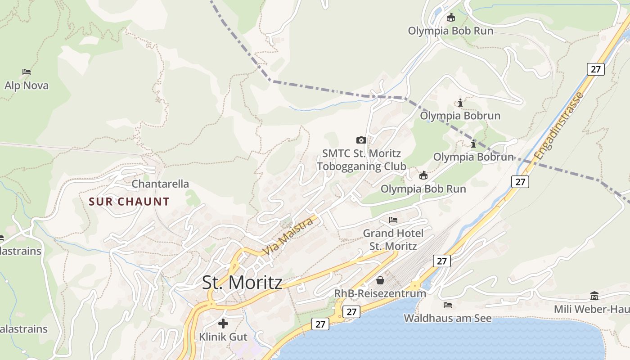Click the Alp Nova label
27,85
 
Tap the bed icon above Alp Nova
27,72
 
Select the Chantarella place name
160,184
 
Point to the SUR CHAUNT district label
129,202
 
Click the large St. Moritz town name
242,283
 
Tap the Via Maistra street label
288,236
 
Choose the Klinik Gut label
223,337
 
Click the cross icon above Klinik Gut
223,324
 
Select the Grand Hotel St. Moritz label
393,239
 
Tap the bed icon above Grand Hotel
393,220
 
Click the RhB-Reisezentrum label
380,293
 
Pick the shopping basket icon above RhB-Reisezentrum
380,280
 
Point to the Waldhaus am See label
447,318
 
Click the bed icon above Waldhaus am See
447,305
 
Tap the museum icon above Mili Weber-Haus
594,296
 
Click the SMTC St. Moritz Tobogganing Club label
361,160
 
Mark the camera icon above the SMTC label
361,140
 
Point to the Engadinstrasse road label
559,125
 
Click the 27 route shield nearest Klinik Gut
320,324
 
